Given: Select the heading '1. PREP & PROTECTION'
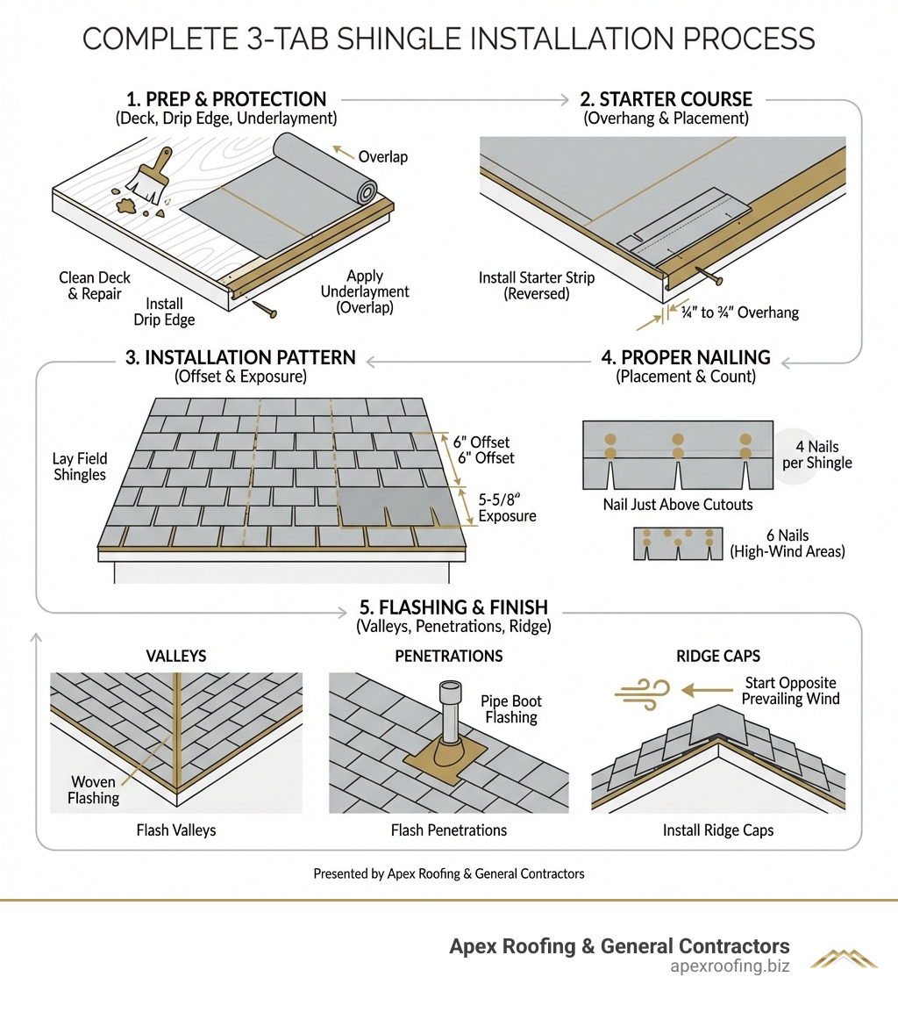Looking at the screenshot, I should coord(226,99).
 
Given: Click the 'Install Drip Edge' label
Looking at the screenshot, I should coord(164,312).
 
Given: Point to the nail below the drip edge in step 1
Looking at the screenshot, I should coord(263,308).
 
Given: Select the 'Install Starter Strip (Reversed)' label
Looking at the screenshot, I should coord(536,286).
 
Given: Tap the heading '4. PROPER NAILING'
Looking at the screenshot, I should coord(686,357).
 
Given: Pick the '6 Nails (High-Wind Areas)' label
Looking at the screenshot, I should coord(787,543).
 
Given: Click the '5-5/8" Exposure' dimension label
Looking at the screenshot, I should coord(506,507).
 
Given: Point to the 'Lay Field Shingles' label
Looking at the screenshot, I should coord(80,467).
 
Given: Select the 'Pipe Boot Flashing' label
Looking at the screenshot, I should coord(511,709).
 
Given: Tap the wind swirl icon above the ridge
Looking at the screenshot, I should coord(642,691).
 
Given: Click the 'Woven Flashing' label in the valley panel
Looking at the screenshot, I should coord(94,789).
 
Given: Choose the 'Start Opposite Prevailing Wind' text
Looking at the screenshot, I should coord(791,691).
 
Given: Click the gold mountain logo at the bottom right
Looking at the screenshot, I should coord(843,958).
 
